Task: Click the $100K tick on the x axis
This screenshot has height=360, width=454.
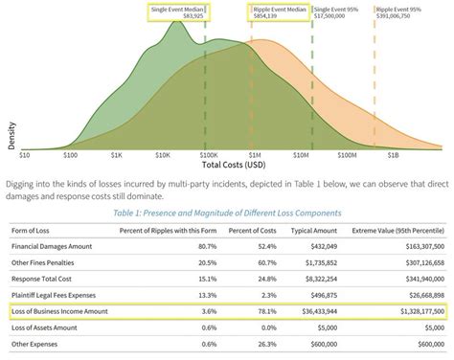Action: (x=207, y=153)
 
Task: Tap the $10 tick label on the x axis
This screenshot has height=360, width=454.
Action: (x=26, y=153)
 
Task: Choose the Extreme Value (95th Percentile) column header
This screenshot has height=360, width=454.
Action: (x=399, y=231)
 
